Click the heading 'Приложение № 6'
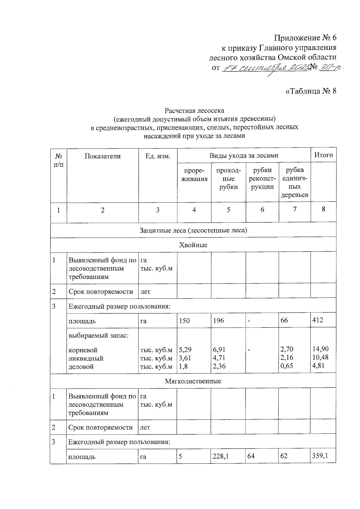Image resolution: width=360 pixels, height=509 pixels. [305, 38]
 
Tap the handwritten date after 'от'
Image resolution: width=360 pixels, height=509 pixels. [265, 68]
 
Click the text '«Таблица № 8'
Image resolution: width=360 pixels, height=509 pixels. [311, 91]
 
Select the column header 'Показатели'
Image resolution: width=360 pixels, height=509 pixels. [103, 156]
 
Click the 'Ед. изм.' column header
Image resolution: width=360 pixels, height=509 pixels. [158, 156]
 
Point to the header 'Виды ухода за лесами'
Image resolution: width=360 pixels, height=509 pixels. [244, 155]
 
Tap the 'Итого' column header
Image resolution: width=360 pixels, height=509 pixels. [323, 155]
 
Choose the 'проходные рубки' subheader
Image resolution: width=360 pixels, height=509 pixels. [228, 179]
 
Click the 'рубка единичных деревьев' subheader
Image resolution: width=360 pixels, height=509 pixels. [295, 182]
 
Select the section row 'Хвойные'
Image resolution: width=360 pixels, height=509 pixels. [193, 245]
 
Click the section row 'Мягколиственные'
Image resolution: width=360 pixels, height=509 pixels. [193, 381]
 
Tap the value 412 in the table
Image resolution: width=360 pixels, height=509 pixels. [318, 320]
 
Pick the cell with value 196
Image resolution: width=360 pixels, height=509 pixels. [218, 321]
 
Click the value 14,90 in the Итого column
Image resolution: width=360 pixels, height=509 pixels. [320, 349]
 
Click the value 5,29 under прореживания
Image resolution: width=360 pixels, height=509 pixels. [185, 349]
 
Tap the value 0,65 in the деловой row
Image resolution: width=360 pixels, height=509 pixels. [286, 366]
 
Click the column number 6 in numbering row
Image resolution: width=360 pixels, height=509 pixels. [262, 210]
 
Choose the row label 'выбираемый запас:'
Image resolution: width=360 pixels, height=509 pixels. [99, 335]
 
